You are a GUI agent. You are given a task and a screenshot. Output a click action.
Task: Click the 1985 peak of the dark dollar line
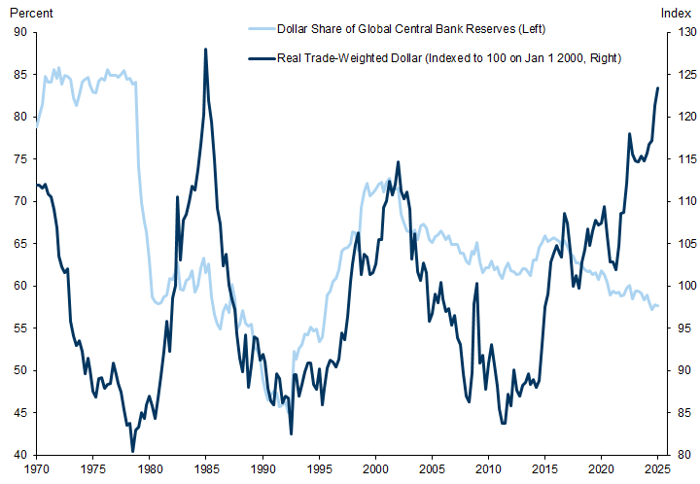(205, 49)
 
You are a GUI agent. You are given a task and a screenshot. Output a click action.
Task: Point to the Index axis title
(675, 13)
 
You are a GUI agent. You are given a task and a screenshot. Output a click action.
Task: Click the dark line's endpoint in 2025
(658, 88)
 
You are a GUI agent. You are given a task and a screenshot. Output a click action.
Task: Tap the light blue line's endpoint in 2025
(658, 306)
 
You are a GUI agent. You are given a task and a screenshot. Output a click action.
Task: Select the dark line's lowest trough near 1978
(132, 451)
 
